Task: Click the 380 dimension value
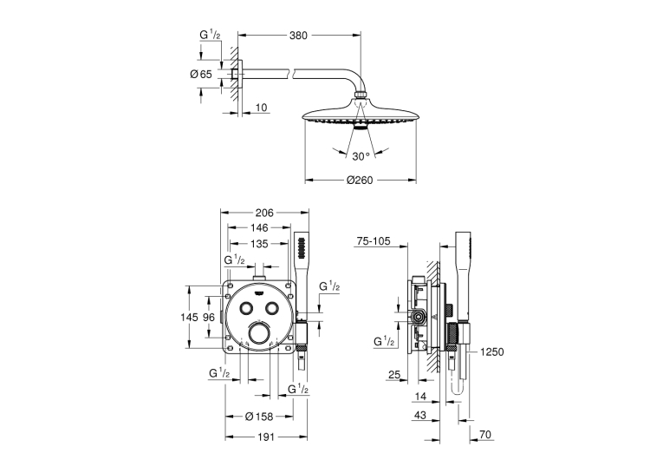tap(298, 36)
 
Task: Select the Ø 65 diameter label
tap(201, 75)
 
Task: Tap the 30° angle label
tap(361, 157)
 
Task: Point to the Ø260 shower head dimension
tap(360, 181)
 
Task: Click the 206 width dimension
tap(264, 213)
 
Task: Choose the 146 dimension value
tap(259, 227)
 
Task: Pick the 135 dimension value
tap(259, 244)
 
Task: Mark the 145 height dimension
tap(189, 317)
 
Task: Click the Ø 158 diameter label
tap(259, 417)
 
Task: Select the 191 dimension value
tap(265, 437)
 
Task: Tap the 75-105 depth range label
tap(374, 241)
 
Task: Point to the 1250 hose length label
tap(492, 352)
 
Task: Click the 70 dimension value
tap(486, 435)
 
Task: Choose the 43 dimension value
tap(420, 416)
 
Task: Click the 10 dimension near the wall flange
tap(262, 108)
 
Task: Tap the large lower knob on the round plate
tap(258, 333)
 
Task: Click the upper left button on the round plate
tap(244, 308)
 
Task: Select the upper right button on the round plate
tap(272, 308)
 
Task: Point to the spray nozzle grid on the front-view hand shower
tap(302, 248)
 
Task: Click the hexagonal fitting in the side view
tap(419, 317)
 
